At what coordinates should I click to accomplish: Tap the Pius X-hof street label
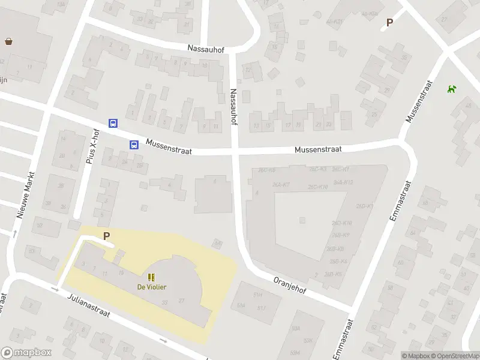tap(92, 147)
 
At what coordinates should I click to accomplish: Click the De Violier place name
tap(152, 287)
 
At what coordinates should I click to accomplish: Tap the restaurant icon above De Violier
tap(151, 277)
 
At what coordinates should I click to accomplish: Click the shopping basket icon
tap(9, 41)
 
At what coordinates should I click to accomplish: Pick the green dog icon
tap(451, 89)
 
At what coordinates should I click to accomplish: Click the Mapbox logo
tap(26, 353)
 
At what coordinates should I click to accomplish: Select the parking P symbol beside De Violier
tap(107, 236)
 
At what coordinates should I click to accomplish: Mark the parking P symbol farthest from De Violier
tap(389, 23)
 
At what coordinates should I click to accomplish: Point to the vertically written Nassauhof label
tap(233, 106)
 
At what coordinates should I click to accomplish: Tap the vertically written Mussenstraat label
tap(418, 101)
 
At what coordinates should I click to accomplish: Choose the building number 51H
tap(258, 295)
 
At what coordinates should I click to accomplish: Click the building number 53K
tap(308, 340)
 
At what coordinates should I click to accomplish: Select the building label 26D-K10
tap(317, 187)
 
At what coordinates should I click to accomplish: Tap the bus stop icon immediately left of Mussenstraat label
tap(134, 144)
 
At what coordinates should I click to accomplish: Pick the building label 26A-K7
tap(281, 184)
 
